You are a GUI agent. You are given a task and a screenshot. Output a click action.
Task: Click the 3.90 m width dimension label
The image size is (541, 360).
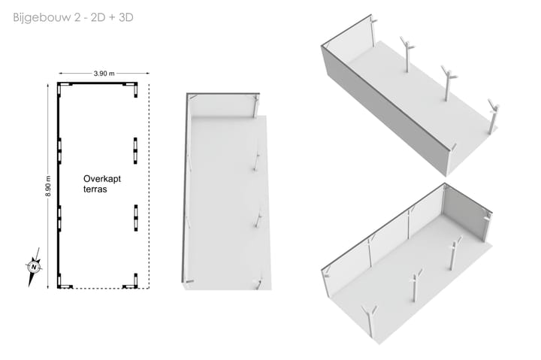104,73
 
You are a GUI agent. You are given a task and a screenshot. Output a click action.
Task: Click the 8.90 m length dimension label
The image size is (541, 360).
48,186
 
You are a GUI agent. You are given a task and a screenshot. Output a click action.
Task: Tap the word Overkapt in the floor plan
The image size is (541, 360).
102,179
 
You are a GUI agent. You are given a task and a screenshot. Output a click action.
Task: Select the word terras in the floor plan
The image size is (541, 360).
95,189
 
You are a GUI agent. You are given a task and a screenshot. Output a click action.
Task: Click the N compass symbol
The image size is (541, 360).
34,267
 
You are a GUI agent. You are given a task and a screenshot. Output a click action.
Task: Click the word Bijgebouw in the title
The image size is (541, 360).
42,17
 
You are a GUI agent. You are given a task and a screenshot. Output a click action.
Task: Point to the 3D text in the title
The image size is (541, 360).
126,17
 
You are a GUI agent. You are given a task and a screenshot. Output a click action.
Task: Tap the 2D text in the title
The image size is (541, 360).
98,17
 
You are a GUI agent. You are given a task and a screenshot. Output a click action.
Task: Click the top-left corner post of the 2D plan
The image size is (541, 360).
59,89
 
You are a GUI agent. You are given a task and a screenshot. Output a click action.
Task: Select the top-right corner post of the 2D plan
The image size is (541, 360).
135,89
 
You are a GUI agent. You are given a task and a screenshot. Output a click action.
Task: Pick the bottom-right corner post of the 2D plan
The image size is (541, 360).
135,281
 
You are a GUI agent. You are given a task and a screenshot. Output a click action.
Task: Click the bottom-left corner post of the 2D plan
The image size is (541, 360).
59,281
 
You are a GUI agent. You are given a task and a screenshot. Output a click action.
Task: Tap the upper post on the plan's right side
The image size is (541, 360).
135,150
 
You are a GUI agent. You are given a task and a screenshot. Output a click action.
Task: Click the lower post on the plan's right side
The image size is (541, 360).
135,218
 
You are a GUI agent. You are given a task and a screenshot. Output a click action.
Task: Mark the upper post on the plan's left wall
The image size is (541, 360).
59,150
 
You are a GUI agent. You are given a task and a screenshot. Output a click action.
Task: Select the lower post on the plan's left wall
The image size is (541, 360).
59,218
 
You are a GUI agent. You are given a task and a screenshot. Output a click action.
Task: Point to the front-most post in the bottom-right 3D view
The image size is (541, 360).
370,321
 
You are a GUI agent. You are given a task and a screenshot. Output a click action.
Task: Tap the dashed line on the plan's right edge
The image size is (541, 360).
149,186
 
